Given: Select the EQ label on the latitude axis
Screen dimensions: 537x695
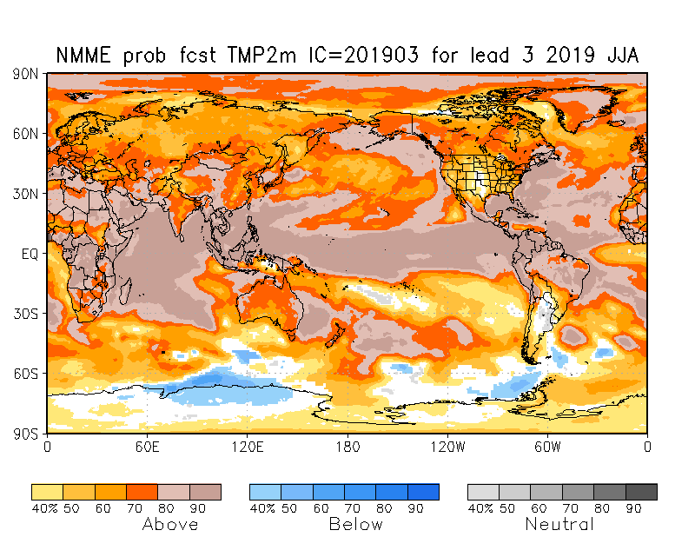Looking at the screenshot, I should tap(30, 254).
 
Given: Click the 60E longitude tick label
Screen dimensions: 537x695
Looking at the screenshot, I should tap(147, 447).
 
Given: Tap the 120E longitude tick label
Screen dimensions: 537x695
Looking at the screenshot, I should tap(247, 447).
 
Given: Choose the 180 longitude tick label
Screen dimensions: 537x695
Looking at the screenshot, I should tap(347, 447).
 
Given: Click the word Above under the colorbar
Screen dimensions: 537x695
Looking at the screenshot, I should tap(169, 525).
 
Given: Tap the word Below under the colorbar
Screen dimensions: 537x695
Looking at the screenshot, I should tap(355, 525).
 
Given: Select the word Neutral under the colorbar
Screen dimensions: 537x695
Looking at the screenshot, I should tap(559, 525).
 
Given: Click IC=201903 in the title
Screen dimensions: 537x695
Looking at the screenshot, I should tap(364, 56).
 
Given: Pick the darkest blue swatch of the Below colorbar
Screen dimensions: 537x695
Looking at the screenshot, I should tap(423, 492).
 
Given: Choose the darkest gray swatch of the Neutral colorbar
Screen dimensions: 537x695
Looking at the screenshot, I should tap(641, 492).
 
